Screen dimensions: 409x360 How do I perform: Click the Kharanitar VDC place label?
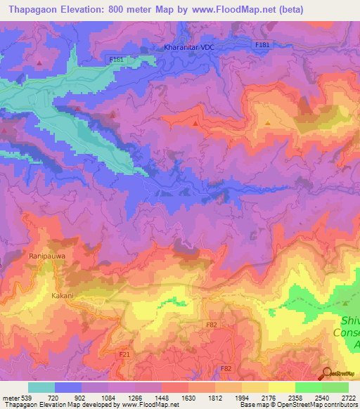188,47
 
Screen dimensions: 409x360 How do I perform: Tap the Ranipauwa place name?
48,257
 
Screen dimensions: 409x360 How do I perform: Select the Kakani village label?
62,296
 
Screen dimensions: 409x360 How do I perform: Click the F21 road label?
124,355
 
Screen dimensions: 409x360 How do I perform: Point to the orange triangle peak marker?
268,124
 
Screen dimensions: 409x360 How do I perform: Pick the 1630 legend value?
188,398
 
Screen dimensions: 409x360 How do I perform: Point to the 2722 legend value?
348,398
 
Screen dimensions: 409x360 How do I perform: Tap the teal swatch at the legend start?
41,387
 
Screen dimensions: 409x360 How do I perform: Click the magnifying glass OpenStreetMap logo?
326,373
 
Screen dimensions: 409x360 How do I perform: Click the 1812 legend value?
214,398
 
